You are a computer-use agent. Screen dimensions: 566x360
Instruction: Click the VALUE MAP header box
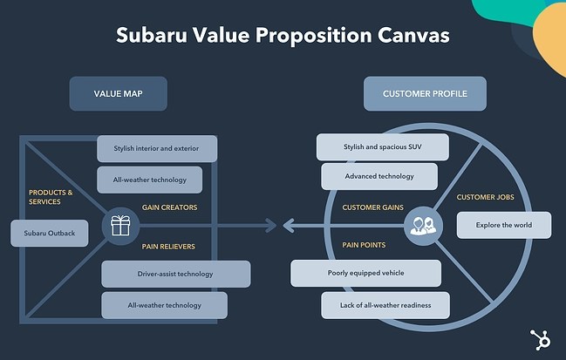(x=118, y=93)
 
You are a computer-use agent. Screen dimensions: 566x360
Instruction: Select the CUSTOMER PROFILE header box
(x=425, y=93)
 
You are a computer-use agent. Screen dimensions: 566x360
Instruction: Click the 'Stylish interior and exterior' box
(x=157, y=148)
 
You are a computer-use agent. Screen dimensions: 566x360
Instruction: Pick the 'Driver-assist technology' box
(x=175, y=274)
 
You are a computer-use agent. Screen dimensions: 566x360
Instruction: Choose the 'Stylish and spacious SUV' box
(x=383, y=146)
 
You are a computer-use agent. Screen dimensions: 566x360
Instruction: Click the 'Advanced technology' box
(x=379, y=176)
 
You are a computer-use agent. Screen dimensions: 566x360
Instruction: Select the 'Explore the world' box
(x=503, y=225)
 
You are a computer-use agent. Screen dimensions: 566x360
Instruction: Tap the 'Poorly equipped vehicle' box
(x=366, y=273)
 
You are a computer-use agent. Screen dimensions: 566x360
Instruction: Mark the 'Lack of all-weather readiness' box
(x=385, y=305)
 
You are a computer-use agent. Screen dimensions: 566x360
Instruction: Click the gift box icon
(x=120, y=227)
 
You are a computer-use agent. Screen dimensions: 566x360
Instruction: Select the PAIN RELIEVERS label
(x=168, y=246)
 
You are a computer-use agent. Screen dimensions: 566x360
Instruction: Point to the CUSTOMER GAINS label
(x=373, y=207)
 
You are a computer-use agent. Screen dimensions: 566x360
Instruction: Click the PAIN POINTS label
(x=365, y=246)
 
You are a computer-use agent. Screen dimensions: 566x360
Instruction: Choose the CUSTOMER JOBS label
(x=485, y=197)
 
